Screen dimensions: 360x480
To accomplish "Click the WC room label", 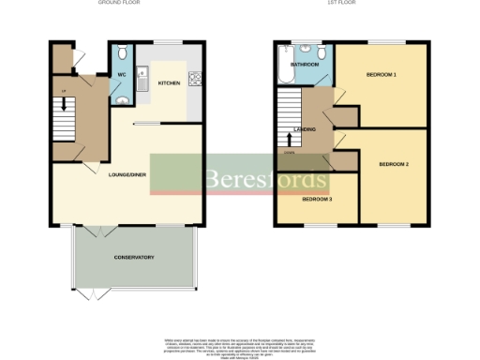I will [x=122, y=74].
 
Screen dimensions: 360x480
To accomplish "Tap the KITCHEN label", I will [x=169, y=83].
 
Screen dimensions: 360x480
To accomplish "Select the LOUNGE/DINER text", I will [x=127, y=175].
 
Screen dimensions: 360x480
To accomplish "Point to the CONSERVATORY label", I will [x=134, y=257].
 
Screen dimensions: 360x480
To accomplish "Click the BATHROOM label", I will [x=305, y=65].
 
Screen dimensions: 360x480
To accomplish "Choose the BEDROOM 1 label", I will [x=381, y=74].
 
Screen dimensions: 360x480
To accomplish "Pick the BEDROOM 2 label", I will [x=394, y=164].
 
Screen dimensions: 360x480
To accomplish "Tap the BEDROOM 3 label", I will [x=317, y=200].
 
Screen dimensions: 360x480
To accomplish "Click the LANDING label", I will [x=305, y=129].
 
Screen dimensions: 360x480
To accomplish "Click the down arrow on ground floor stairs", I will [x=64, y=104].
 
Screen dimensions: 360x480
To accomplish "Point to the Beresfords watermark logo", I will [x=266, y=178].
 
